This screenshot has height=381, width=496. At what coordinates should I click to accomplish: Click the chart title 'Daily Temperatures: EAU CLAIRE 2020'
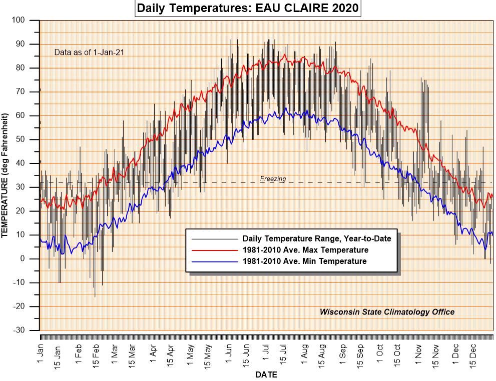[x=248, y=8]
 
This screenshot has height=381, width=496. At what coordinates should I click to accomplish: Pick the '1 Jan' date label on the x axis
[x=41, y=352]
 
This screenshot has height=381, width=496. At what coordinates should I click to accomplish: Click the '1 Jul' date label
[x=266, y=352]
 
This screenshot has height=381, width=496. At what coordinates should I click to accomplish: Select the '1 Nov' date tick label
[x=417, y=352]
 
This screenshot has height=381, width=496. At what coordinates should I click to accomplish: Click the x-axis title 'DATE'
[x=266, y=374]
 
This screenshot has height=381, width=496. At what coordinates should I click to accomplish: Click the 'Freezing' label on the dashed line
[x=273, y=178]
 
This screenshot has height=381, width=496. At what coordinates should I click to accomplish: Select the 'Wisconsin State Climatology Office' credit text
[x=387, y=312]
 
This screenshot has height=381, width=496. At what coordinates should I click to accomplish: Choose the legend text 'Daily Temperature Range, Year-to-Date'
[x=316, y=238]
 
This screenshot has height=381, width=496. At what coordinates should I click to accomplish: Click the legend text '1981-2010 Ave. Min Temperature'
[x=304, y=261]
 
